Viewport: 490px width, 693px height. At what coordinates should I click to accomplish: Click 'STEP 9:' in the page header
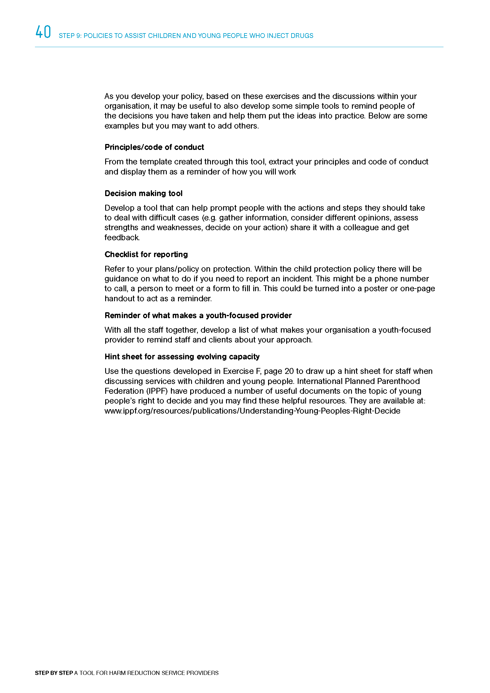point(70,36)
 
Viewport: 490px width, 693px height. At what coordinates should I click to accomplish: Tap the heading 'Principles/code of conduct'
point(154,147)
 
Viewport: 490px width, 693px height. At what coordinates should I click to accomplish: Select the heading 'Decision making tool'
point(143,193)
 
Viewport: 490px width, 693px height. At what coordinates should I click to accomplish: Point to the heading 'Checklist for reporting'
point(146,255)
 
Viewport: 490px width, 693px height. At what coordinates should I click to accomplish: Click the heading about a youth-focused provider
point(198,316)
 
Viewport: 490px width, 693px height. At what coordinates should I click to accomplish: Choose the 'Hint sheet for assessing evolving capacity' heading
point(182,357)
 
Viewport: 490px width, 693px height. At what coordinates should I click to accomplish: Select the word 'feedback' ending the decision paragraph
point(121,238)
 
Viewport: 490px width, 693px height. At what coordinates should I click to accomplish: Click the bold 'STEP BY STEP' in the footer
point(54,673)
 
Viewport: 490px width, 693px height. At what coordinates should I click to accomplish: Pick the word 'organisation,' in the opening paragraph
point(127,106)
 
